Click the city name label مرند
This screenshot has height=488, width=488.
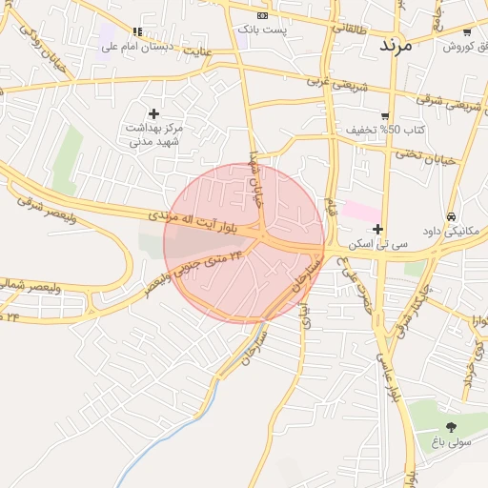click(x=395, y=45)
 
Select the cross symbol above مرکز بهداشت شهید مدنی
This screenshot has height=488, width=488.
click(x=153, y=113)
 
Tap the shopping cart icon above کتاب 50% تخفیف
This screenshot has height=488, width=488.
click(x=385, y=115)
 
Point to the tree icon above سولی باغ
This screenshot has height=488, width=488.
click(x=451, y=427)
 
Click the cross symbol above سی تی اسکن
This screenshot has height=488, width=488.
click(x=378, y=230)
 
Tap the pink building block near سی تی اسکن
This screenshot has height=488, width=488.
click(x=360, y=211)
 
